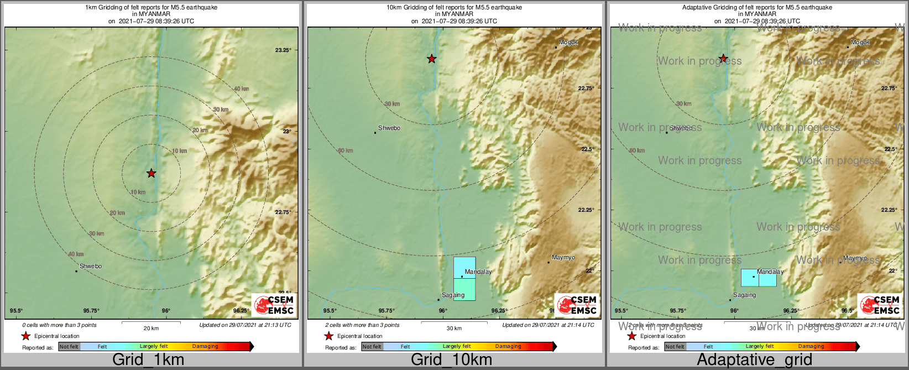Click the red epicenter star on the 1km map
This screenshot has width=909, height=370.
tap(151, 174)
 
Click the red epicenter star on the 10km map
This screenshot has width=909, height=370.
tap(432, 59)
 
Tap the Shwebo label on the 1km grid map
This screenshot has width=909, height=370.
tap(91, 266)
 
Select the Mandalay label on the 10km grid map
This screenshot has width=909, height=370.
tap(478, 272)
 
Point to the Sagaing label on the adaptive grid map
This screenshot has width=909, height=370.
tap(744, 295)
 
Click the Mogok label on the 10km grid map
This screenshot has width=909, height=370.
tap(568, 43)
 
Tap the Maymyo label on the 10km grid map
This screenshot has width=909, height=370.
tap(563, 258)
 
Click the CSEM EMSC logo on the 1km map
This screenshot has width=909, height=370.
tap(274, 305)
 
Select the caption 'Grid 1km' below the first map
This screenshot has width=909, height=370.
tap(148, 359)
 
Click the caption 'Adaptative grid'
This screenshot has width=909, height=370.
tap(754, 359)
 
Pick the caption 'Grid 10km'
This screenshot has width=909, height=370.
tap(451, 359)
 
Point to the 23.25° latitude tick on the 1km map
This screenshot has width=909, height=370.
tap(283, 50)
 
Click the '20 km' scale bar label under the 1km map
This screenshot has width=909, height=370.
tap(151, 328)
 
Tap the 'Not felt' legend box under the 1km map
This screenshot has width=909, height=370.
tap(69, 347)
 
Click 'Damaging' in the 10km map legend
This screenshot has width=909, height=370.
tap(508, 347)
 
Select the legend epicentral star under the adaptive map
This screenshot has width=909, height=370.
tap(631, 336)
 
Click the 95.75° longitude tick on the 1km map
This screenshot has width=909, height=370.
tap(91, 311)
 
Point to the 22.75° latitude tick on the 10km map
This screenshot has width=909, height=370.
tap(586, 88)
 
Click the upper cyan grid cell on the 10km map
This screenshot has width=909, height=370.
tap(464, 267)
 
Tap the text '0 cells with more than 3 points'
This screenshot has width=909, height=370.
tap(59, 325)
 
